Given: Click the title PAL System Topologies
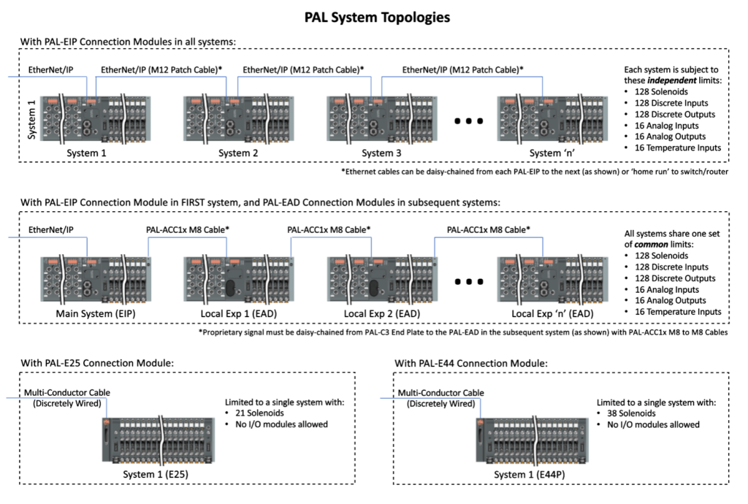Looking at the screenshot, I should pyautogui.click(x=378, y=16).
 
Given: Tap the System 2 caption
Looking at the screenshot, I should pyautogui.click(x=238, y=153).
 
